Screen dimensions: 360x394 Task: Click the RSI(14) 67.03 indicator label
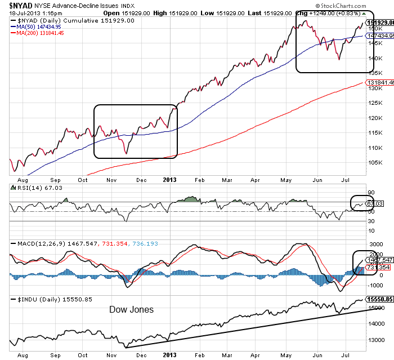pos(30,188)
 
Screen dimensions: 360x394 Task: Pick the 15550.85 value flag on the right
pos(379,300)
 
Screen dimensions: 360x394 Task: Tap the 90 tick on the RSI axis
pos(371,192)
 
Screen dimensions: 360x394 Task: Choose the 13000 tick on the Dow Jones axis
pos(375,340)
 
